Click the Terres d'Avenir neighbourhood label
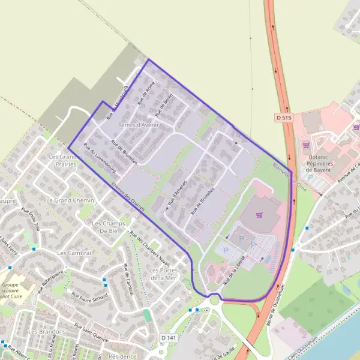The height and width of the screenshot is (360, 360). click(139, 125)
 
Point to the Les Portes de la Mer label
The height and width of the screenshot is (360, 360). click(163, 274)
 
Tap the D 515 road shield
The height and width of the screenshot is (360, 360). click(284, 116)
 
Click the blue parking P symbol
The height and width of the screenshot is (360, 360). click(242, 238)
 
